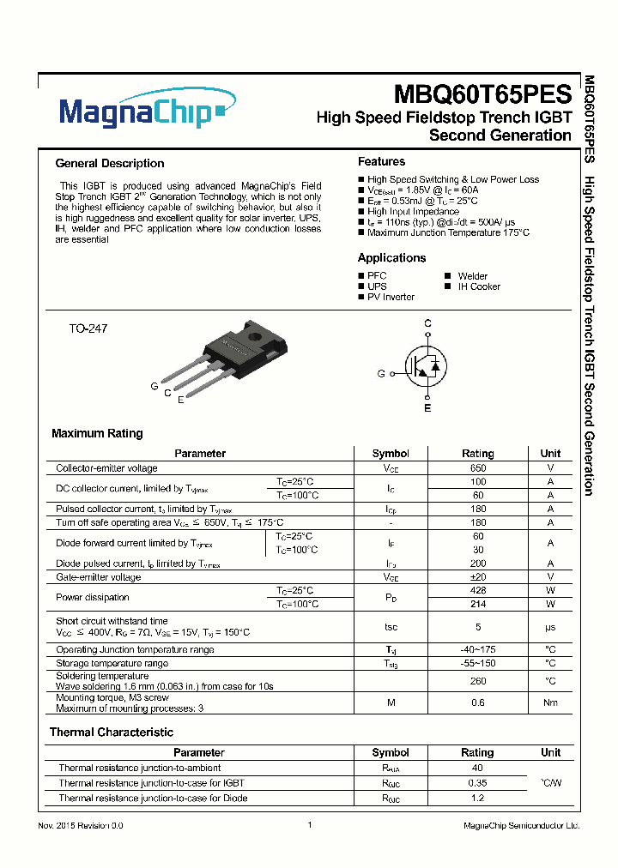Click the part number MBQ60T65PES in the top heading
(482, 93)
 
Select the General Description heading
(109, 164)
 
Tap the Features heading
(381, 162)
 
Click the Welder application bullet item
(472, 276)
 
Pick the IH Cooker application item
(478, 286)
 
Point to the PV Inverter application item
(391, 297)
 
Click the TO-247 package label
(88, 329)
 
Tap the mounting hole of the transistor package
(253, 335)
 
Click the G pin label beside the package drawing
(154, 387)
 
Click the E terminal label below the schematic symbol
(427, 408)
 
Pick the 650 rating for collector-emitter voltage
(478, 468)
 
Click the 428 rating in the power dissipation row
(478, 591)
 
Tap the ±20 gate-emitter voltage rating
(478, 577)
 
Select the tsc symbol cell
(391, 627)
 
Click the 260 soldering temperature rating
(478, 681)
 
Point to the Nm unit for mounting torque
(550, 703)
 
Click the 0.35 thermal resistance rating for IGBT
(478, 783)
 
